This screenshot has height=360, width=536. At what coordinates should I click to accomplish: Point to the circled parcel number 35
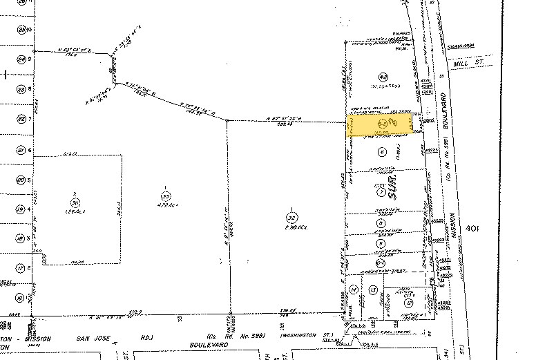point(165,195)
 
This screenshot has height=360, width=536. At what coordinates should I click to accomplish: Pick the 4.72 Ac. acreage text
point(165,205)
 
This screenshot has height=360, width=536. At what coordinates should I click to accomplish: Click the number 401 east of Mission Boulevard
point(473,227)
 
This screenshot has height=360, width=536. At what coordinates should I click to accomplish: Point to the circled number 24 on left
point(21,59)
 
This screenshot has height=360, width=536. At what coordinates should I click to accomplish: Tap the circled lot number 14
point(354,289)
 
